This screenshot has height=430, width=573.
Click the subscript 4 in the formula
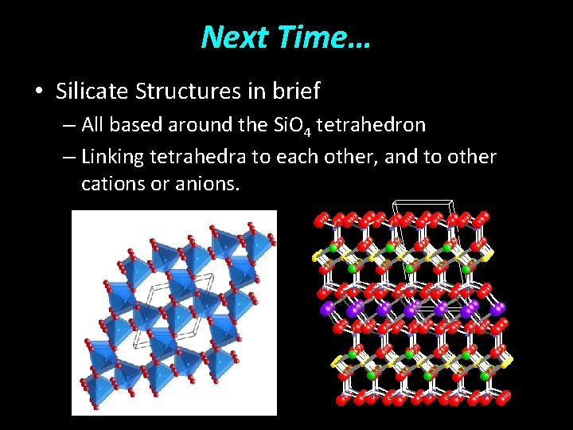pos(306,130)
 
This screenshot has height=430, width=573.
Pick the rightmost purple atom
pos(499,307)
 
